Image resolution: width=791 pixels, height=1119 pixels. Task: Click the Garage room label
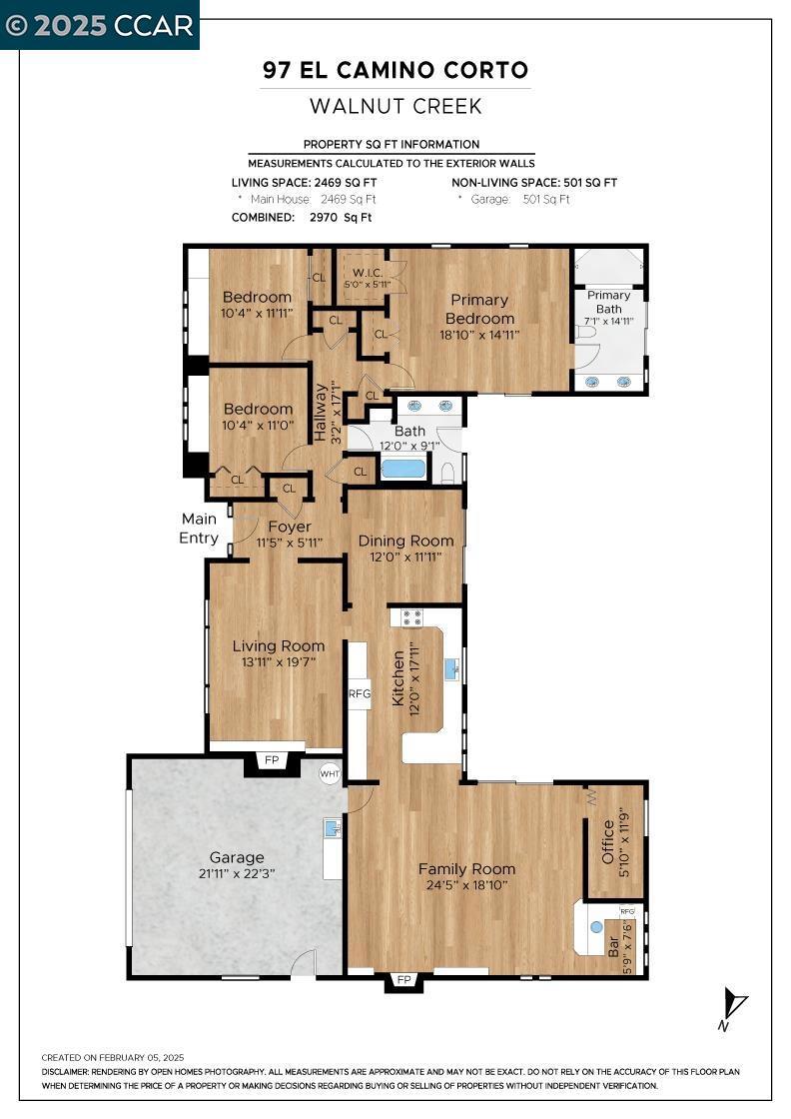tap(237, 857)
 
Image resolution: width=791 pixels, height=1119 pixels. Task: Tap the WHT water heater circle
tap(330, 773)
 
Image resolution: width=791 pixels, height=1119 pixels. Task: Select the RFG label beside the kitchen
tap(359, 693)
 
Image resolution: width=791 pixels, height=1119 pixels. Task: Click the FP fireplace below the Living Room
tap(272, 761)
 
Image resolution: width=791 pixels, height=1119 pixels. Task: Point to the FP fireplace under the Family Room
tap(402, 980)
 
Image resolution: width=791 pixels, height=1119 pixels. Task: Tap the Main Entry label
tap(199, 529)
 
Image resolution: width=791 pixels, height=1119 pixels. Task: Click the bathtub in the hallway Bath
tap(402, 468)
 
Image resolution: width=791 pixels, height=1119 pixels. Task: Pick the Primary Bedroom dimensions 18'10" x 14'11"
tap(479, 336)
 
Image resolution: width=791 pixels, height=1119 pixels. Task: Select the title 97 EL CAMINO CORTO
tap(395, 70)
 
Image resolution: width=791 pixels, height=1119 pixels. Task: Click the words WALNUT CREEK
tap(395, 106)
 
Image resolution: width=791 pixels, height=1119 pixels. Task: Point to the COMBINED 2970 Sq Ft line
tap(302, 217)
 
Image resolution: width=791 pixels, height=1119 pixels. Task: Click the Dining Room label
tap(405, 541)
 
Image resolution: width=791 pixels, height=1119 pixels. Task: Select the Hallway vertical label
tap(321, 413)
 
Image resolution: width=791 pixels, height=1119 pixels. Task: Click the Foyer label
tap(289, 527)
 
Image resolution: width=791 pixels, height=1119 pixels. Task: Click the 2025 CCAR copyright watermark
tap(100, 25)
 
